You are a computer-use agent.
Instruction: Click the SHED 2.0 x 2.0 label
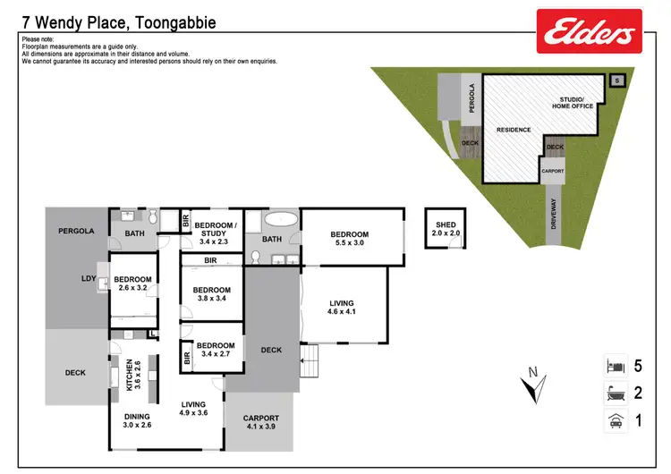coord(446,228)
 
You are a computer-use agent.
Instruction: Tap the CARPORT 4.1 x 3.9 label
coord(261,422)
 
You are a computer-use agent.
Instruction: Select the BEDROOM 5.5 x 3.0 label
coord(351,239)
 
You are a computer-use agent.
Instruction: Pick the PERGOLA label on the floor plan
coord(76,231)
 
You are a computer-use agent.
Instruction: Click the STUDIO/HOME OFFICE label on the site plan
coord(573,103)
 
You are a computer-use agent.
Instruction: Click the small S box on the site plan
coord(616,80)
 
